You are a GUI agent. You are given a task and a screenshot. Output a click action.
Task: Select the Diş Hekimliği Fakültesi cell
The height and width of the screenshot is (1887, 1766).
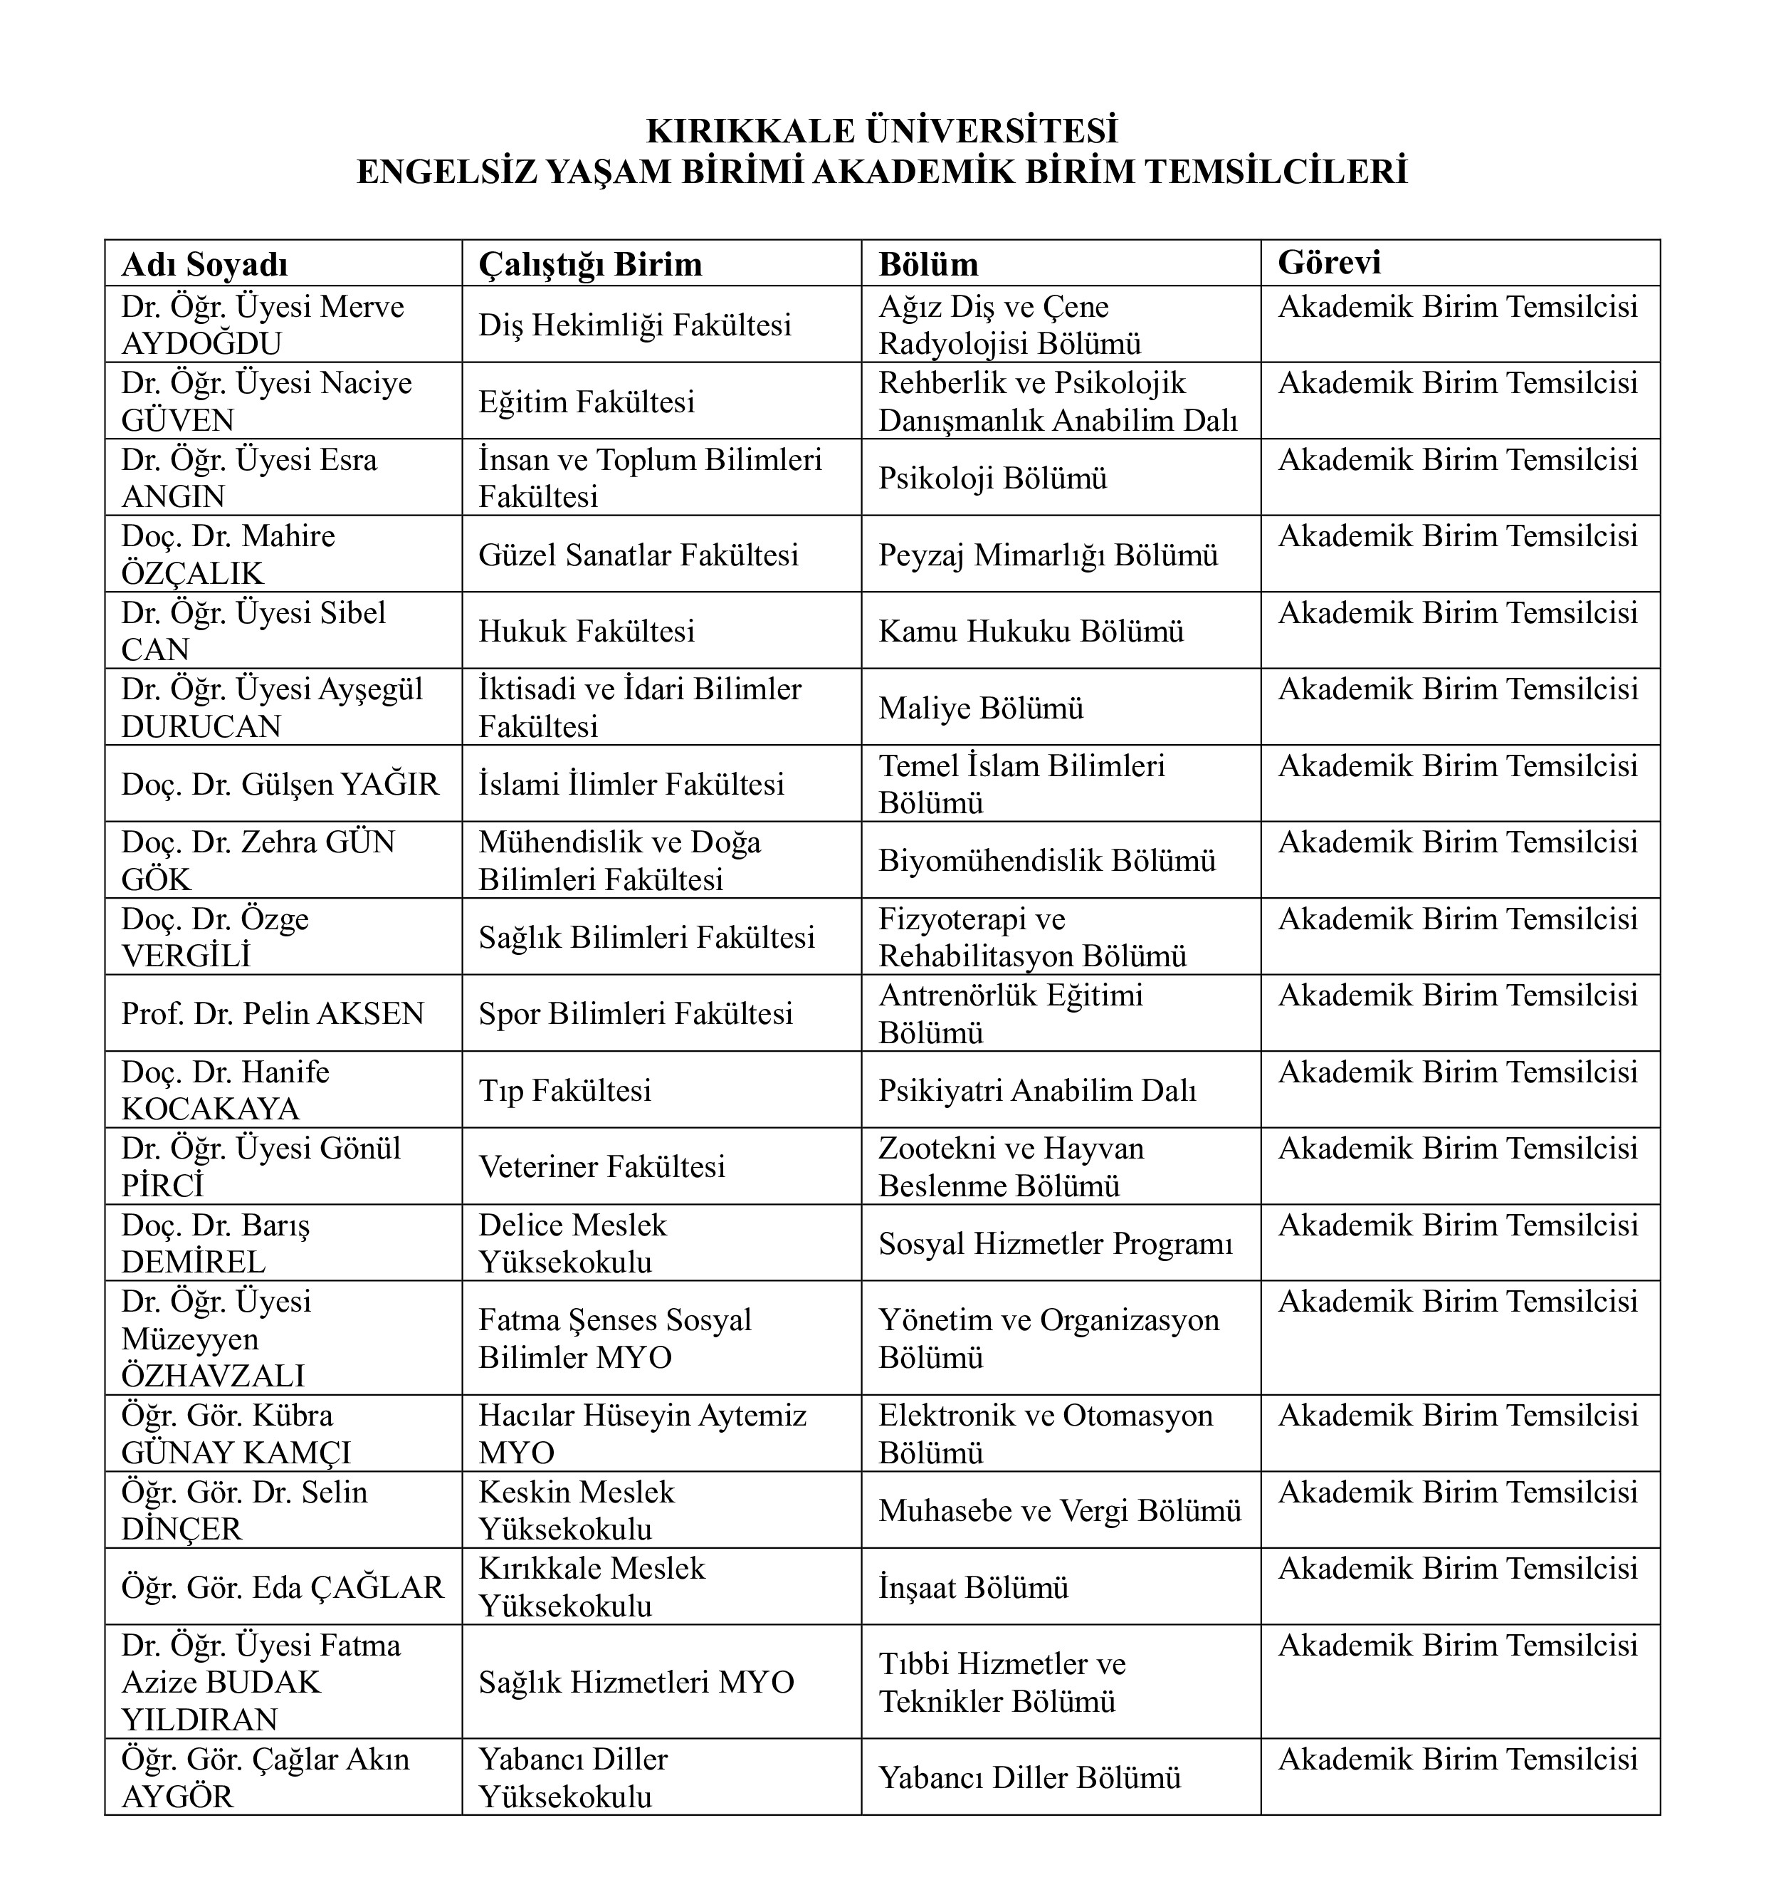point(634,325)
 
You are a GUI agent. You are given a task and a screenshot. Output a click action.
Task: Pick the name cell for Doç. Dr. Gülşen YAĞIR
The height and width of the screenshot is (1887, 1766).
point(280,784)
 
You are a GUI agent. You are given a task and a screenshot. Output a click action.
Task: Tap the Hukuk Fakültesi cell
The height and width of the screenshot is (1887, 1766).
point(587,631)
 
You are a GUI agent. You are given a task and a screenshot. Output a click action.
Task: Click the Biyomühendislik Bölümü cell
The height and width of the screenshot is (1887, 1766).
point(1046,861)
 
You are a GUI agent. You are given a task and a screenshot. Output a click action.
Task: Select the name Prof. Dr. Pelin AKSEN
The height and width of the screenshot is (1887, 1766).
point(273,1014)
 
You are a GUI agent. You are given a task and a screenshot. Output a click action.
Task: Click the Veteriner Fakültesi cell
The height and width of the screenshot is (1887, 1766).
point(601,1166)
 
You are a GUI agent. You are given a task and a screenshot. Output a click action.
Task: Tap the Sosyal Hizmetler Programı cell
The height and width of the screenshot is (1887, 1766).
point(1055,1243)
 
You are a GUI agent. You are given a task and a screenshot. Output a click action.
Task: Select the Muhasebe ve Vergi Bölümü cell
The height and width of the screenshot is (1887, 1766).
point(1059,1511)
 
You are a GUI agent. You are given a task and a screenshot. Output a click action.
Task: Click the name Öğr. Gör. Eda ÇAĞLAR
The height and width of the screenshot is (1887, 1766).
point(282,1587)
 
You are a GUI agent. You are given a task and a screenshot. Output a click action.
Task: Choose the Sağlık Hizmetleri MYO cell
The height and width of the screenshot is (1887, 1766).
point(636,1683)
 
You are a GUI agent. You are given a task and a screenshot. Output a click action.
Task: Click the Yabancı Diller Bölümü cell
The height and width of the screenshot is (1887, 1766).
point(1029,1778)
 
